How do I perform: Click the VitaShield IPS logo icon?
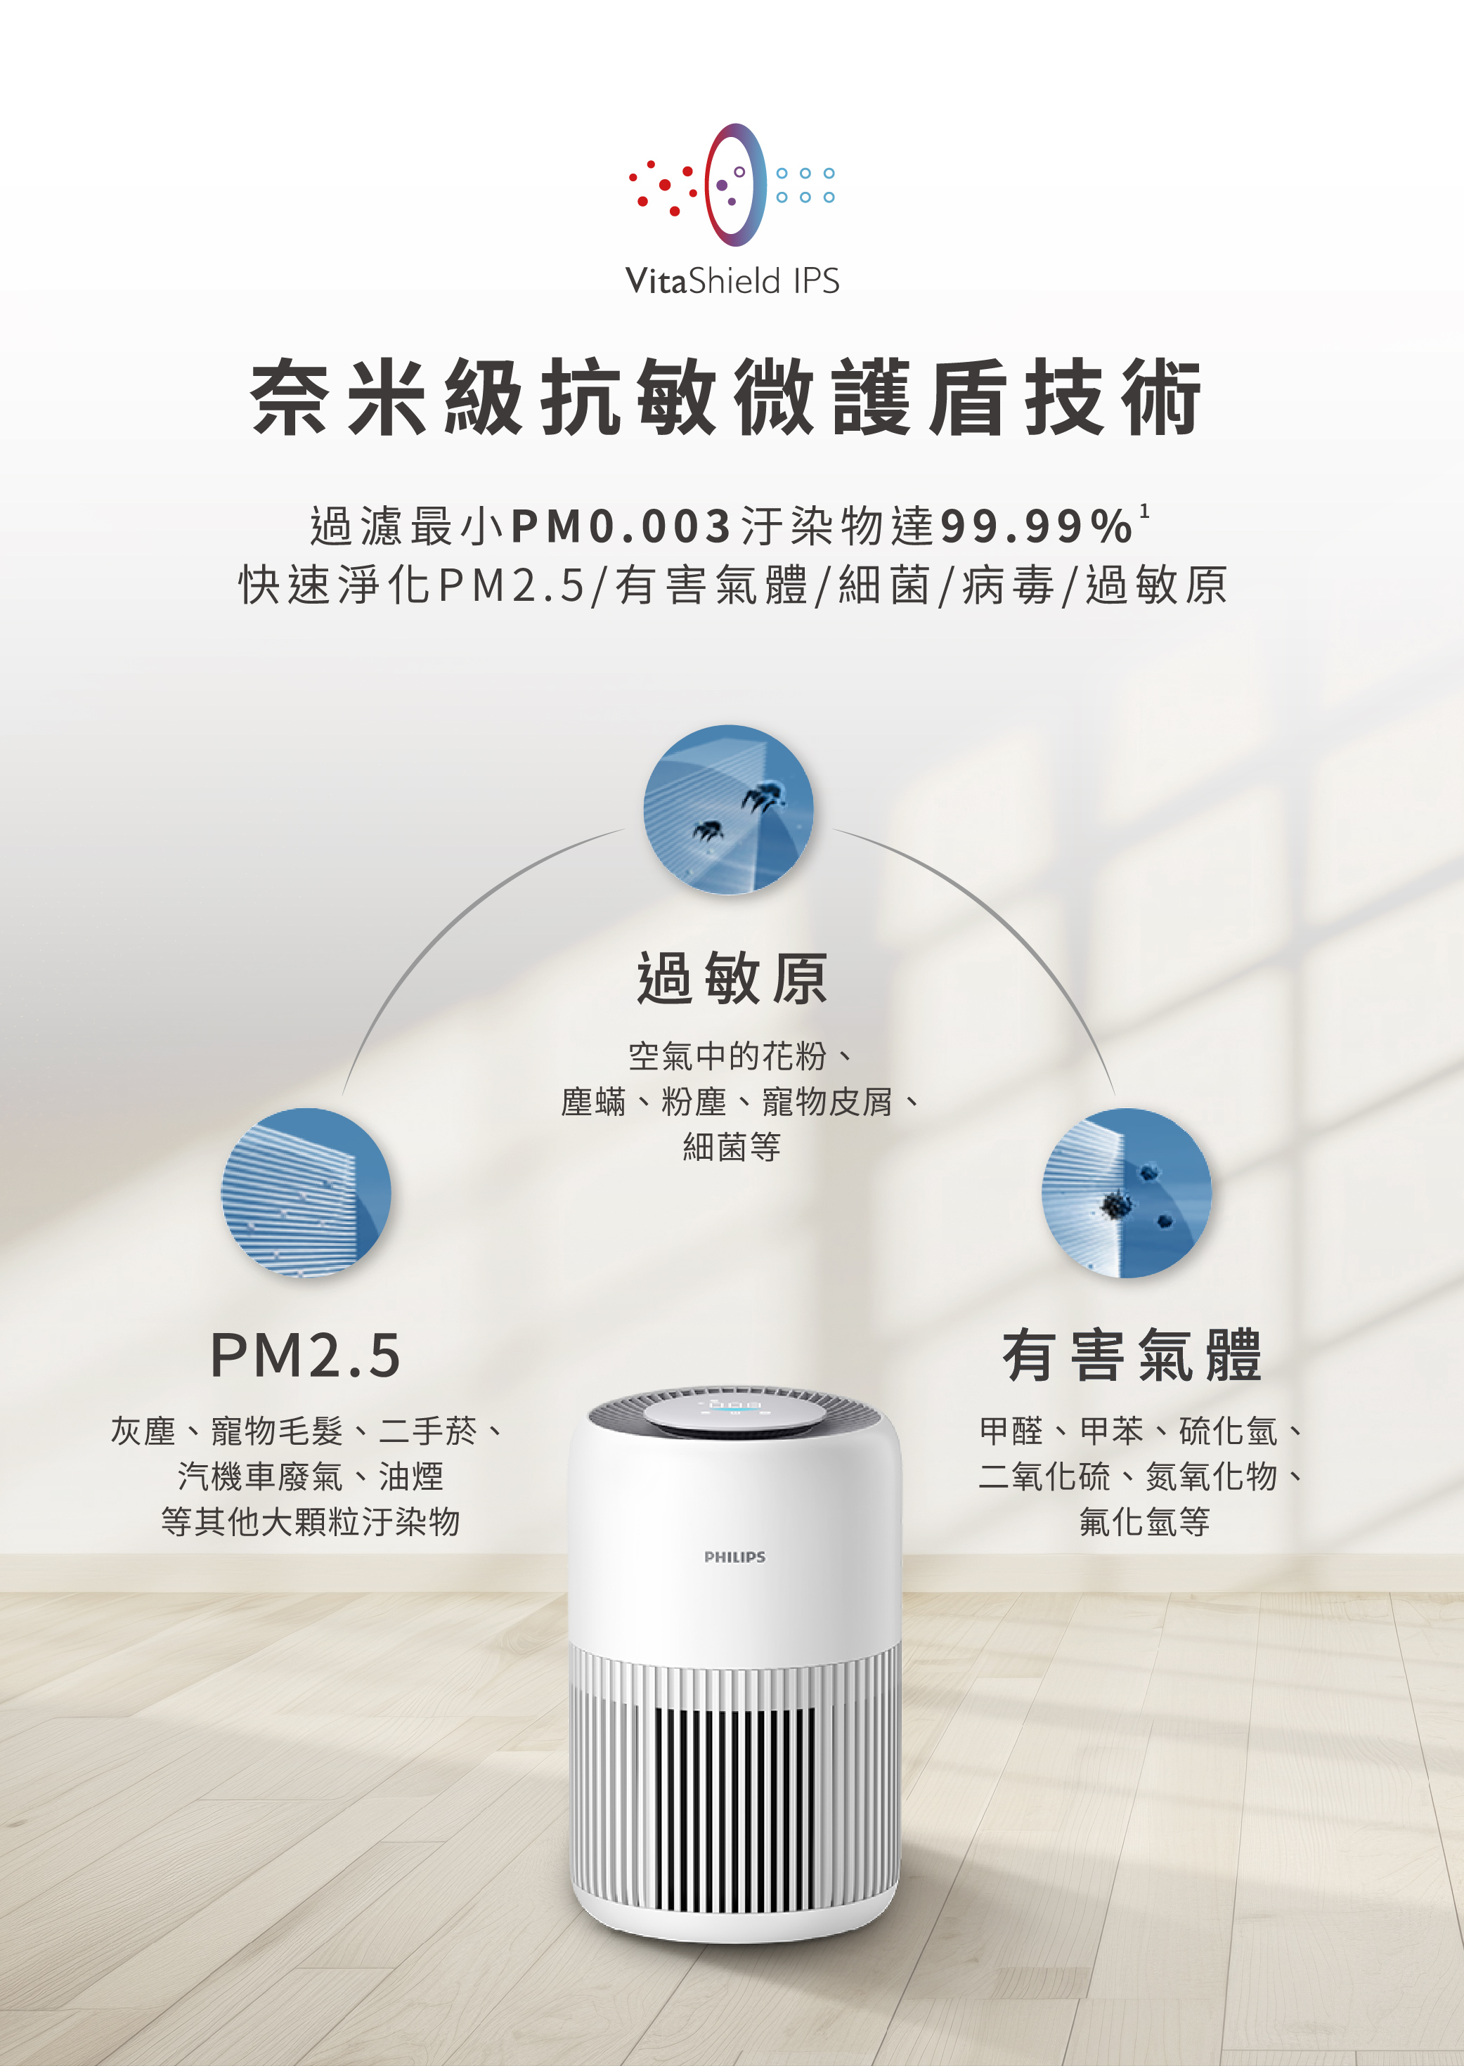[732, 185]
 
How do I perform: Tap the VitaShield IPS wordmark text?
[732, 281]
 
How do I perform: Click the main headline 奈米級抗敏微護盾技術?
[727, 398]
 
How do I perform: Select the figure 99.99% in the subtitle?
[1036, 526]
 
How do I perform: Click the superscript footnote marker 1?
[1144, 511]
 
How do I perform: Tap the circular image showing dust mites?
[728, 810]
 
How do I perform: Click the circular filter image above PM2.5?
[306, 1192]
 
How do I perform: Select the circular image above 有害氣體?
[1127, 1192]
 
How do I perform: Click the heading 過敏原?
[732, 978]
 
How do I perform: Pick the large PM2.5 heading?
[306, 1355]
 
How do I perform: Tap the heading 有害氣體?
[1132, 1355]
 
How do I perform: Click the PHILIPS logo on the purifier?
[734, 1557]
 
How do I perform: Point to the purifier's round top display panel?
[734, 1415]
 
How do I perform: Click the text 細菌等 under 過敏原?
[732, 1148]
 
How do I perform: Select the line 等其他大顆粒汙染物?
[311, 1521]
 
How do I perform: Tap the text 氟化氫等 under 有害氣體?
[1144, 1521]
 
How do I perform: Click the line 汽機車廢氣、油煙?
[311, 1476]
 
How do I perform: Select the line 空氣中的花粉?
[727, 1055]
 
